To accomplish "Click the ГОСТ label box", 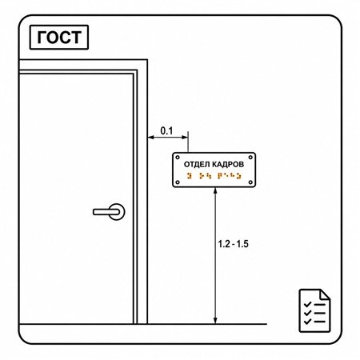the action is click(x=59, y=38).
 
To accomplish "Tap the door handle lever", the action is click(x=106, y=212).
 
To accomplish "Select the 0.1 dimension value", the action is click(x=166, y=131).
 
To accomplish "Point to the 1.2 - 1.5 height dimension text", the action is click(x=234, y=244).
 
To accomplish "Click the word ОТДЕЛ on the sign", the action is click(x=197, y=165).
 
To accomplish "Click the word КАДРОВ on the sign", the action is click(x=228, y=164).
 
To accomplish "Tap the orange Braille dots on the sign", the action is click(x=214, y=176).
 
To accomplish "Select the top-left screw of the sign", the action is click(x=178, y=158).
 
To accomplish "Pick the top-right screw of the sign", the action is click(x=250, y=158).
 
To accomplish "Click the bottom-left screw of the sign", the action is click(x=178, y=182).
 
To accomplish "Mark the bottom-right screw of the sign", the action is click(x=250, y=182).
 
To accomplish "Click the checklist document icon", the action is click(x=314, y=310).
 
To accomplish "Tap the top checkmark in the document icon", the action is click(x=307, y=304).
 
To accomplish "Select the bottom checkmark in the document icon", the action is click(x=307, y=322).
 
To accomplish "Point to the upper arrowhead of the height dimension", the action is click(x=215, y=190).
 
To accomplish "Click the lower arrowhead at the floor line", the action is click(x=215, y=321).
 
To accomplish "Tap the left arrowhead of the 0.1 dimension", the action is click(x=151, y=138).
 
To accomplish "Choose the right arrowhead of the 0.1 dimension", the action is click(x=185, y=138).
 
